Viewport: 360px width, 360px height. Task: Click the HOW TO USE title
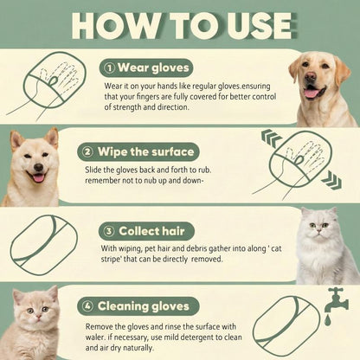point(179,25)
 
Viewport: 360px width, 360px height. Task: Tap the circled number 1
point(109,67)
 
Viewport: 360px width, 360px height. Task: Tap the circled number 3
point(109,230)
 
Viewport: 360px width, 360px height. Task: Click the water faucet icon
point(337,300)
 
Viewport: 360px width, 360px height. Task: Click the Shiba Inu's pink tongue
point(38,177)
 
